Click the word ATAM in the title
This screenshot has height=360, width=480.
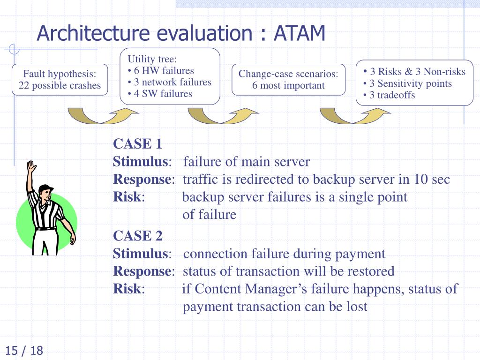click(300, 34)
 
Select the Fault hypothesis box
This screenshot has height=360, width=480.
click(60, 80)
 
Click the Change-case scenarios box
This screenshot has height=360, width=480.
click(288, 80)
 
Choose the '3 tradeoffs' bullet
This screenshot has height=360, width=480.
click(392, 95)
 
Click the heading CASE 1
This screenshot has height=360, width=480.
click(137, 144)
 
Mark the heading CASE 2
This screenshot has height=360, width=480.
click(138, 236)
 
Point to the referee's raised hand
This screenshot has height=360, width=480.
click(31, 167)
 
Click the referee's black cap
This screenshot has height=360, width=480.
click(45, 189)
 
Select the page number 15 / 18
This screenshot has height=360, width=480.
click(24, 350)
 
